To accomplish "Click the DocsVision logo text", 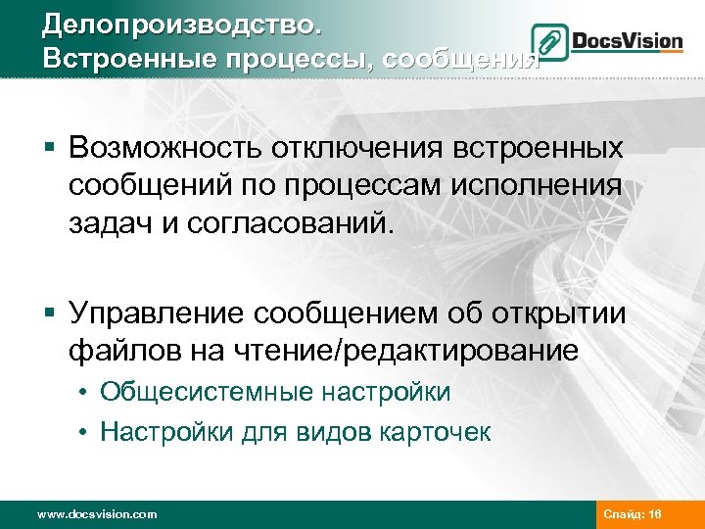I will click(x=626, y=42).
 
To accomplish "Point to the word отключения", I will click(x=347, y=149).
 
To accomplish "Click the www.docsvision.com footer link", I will click(x=96, y=514).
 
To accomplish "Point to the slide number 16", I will click(x=654, y=514).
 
